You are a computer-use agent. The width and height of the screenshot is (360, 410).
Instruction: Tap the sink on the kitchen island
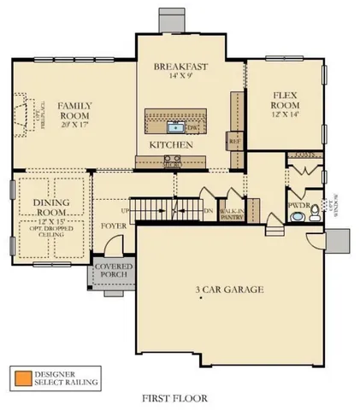coord(176,128)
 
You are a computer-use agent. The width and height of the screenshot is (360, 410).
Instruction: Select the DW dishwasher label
coord(193,128)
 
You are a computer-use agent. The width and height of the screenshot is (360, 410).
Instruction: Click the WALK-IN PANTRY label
coord(232,214)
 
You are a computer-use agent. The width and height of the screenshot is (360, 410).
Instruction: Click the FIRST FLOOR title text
coord(175,398)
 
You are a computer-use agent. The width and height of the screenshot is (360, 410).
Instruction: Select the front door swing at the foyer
coord(103,250)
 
